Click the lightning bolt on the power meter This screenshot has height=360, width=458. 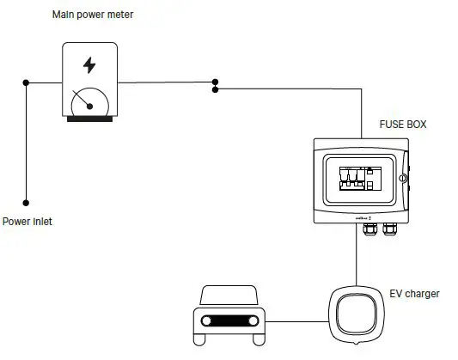(89, 65)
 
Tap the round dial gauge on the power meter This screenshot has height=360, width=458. (89, 103)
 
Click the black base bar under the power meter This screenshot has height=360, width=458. (89, 119)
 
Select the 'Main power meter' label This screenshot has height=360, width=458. (93, 15)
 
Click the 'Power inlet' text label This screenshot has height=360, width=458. (27, 222)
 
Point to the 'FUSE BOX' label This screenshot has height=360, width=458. (403, 125)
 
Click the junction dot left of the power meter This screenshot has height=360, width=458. (26, 82)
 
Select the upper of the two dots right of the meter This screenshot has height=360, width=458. (215, 82)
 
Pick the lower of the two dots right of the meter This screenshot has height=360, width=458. (215, 89)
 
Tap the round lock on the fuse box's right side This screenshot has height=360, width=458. (402, 179)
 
